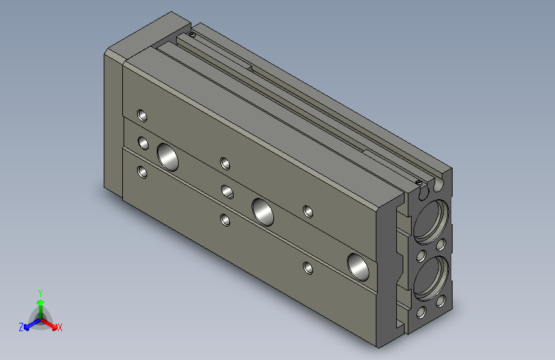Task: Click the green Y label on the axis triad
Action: coord(40,291)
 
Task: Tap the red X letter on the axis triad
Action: coord(60,327)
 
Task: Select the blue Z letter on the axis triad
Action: coord(21,327)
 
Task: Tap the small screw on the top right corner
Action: coord(419,183)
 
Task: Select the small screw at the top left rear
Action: coord(191,33)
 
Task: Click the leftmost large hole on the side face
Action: coord(168,156)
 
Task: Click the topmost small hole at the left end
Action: coord(142,116)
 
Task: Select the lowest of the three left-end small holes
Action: coord(141,172)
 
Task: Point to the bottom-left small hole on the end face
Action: coord(421,313)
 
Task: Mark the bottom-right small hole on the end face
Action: coord(441,300)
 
